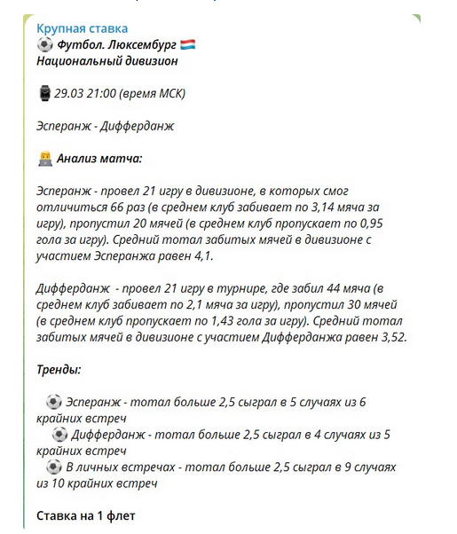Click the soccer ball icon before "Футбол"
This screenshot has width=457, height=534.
45,44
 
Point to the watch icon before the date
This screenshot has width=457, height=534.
44,93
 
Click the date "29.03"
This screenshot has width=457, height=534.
71,93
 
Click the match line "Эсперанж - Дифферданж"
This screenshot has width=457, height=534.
105,125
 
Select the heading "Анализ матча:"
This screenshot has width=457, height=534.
99,159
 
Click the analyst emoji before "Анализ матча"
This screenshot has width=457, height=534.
45,159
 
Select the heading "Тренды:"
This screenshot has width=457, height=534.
59,369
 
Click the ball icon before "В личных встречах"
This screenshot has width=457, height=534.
54,466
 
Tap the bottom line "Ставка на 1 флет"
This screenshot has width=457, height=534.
85,515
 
